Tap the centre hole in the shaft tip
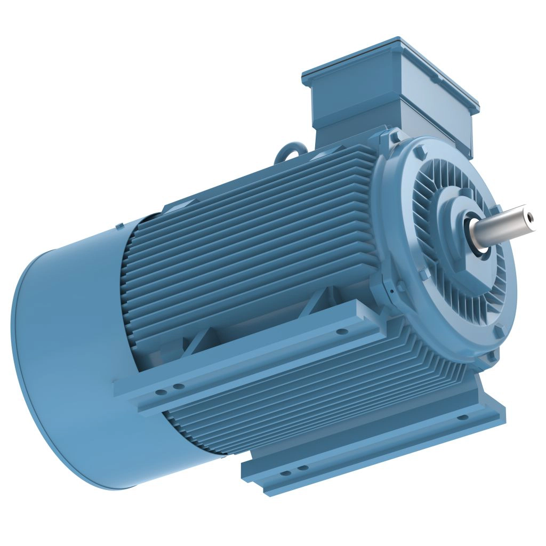point(530,216)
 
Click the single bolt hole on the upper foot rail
point(341,332)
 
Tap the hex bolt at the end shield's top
point(395,138)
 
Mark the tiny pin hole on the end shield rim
point(391,291)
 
